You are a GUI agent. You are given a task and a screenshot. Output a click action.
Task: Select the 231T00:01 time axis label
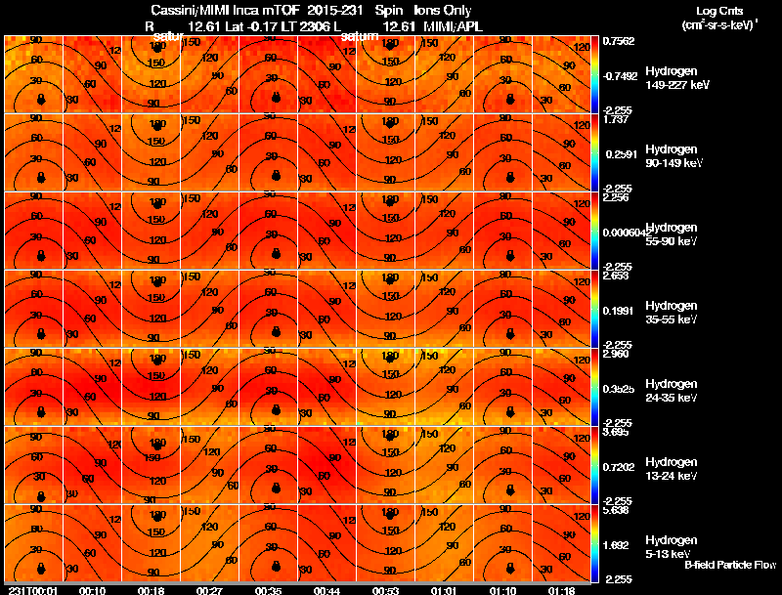(31, 589)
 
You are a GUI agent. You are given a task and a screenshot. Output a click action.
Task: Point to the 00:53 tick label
(389, 589)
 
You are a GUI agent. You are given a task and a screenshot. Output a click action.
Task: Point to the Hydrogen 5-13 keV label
(673, 547)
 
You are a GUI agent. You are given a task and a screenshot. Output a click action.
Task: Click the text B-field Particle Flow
(729, 565)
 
